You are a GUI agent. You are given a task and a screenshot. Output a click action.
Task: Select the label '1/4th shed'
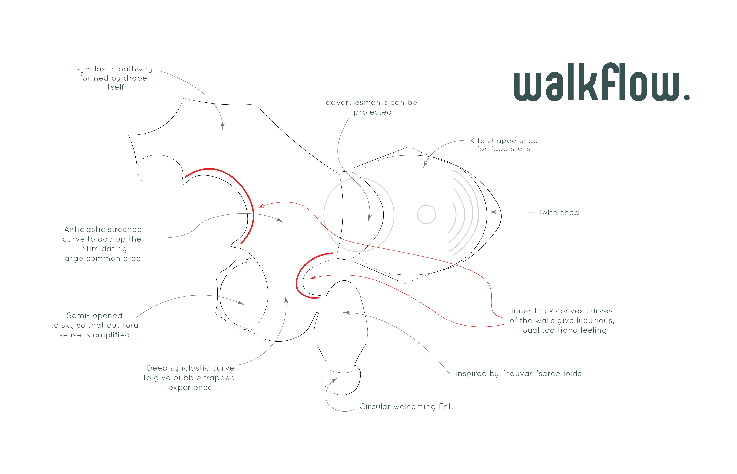(x=559, y=213)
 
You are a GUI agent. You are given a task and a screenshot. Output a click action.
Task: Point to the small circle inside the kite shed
(x=426, y=214)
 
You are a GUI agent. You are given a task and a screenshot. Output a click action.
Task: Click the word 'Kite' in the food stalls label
(x=476, y=141)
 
